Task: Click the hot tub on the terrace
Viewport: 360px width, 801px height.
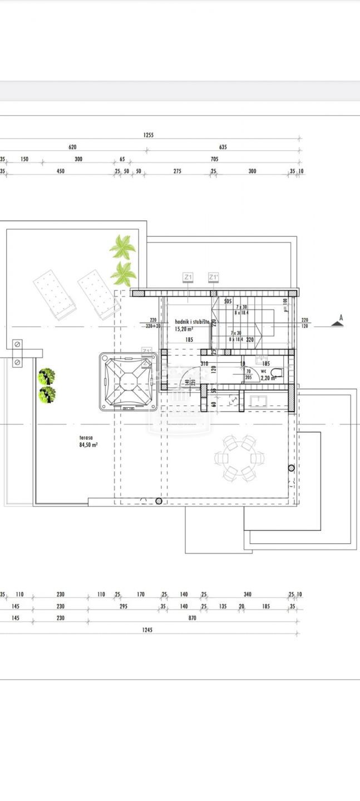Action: [x=127, y=382]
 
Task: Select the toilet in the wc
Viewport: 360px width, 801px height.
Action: [x=277, y=373]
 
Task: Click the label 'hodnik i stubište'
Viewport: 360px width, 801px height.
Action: [x=192, y=322]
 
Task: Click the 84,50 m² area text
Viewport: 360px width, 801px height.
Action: [x=88, y=445]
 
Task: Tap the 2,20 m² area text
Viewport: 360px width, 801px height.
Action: [x=268, y=378]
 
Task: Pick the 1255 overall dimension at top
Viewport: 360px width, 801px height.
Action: [x=148, y=135]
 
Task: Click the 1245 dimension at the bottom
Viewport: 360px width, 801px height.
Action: [x=147, y=630]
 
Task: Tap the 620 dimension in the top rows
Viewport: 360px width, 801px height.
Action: [x=72, y=147]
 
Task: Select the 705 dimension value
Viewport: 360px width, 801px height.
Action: [x=215, y=159]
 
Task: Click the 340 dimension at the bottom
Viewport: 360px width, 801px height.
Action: [x=248, y=595]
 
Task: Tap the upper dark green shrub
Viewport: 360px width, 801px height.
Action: [x=46, y=377]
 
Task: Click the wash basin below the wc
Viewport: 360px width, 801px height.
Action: [x=258, y=400]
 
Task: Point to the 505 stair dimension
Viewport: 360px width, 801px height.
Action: [x=228, y=301]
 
